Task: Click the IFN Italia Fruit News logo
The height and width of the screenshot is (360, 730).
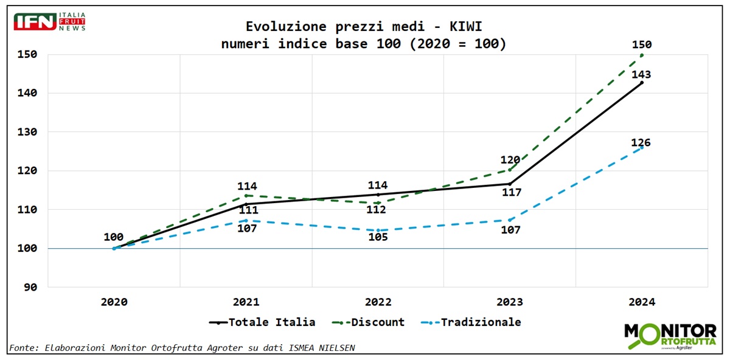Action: click(x=49, y=21)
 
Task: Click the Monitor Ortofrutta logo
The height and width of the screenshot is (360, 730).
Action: click(x=670, y=336)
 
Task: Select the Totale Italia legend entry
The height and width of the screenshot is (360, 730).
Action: click(x=263, y=322)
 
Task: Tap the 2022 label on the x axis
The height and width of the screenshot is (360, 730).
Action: click(x=378, y=302)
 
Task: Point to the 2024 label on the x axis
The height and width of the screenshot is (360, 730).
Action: click(x=642, y=302)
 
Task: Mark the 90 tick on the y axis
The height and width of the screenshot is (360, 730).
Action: click(x=29, y=287)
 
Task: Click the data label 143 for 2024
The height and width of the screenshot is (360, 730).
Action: click(x=641, y=75)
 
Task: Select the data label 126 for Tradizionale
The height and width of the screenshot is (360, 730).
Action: click(x=641, y=143)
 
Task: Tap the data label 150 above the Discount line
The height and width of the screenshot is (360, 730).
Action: click(x=642, y=44)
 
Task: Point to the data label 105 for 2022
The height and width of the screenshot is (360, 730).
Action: click(x=377, y=237)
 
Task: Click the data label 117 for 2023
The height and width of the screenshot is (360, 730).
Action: click(x=509, y=193)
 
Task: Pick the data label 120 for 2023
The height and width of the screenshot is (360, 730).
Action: click(x=510, y=161)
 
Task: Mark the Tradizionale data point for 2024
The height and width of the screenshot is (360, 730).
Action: click(x=642, y=147)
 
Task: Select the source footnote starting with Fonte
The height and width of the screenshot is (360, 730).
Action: click(x=182, y=348)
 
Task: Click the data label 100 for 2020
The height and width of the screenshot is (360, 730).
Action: click(x=114, y=237)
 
